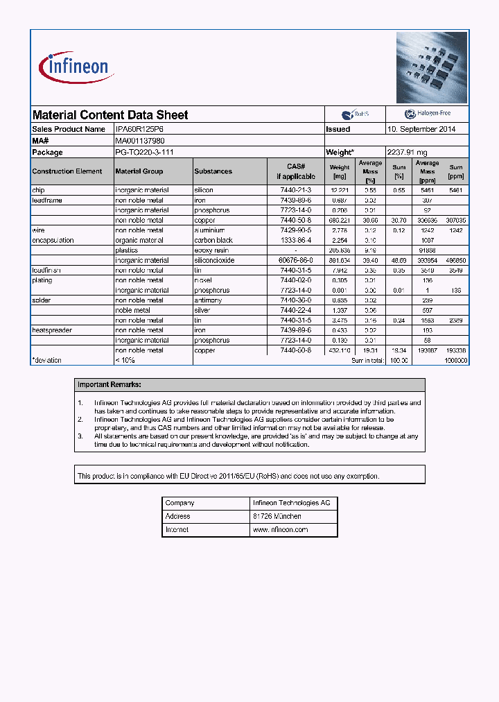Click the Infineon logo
coord(76,67)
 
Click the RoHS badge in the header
coord(355,114)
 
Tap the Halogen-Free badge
coord(427,114)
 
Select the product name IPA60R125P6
coord(139,129)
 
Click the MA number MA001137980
coord(139,141)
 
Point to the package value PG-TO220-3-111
coord(144,152)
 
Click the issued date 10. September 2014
coord(421,129)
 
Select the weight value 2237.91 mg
coord(407,152)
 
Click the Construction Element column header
coord(67,171)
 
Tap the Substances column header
coord(213,171)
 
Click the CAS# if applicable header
coord(296,171)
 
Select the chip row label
coord(38,190)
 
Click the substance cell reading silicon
coord(204,190)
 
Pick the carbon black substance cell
coord(213,240)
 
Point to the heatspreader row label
coord(52,330)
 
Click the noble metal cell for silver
coord(132,310)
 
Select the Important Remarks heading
coord(110,384)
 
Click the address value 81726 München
coord(277,516)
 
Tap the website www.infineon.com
coord(280,529)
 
